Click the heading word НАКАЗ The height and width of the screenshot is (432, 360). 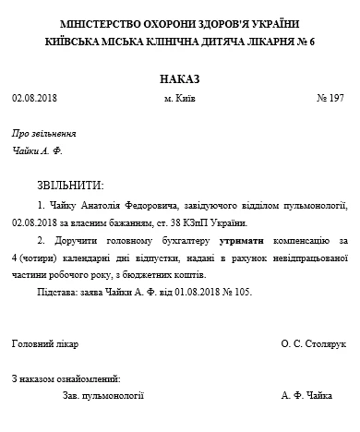click(x=179, y=78)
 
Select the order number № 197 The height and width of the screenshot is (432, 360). click(x=330, y=97)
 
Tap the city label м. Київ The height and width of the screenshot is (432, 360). click(x=180, y=97)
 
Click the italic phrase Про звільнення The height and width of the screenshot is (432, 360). click(x=38, y=132)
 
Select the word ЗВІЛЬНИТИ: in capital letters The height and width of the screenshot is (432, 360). click(x=71, y=185)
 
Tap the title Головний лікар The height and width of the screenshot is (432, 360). click(x=45, y=343)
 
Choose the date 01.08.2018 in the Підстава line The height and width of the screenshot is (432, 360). click(x=182, y=292)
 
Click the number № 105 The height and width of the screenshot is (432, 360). click(x=234, y=292)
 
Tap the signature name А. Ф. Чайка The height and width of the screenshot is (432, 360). click(x=306, y=395)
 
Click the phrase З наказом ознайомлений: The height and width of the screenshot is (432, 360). click(x=66, y=378)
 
